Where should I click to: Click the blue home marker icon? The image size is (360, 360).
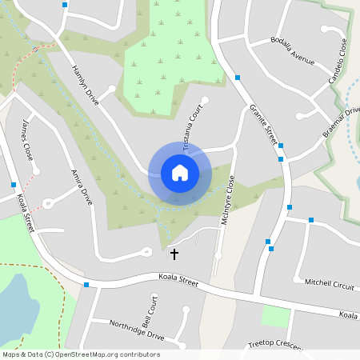[x=180, y=173]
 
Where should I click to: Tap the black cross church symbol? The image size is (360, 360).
[x=174, y=254]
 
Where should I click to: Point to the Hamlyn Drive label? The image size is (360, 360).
[x=85, y=84]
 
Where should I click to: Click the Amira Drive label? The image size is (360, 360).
[x=82, y=186]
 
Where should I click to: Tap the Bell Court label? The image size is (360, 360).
[x=149, y=307]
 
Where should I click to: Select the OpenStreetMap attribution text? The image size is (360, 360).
[x=82, y=354]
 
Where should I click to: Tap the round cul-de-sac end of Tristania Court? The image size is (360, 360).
[x=205, y=101]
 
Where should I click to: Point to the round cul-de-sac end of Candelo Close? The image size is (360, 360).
[x=326, y=29]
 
